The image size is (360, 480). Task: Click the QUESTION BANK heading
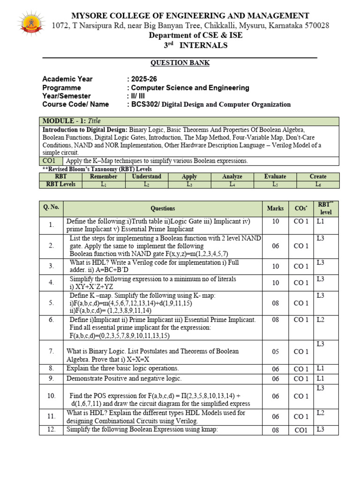click(180, 63)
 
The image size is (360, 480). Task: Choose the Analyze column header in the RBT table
click(232, 177)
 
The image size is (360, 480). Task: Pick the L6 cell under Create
click(318, 184)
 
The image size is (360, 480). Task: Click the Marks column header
click(275, 208)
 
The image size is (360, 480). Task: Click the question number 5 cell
click(51, 303)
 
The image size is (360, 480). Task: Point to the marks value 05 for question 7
click(275, 352)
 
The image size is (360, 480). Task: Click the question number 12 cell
click(51, 429)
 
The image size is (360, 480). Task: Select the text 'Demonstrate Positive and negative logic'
click(124, 378)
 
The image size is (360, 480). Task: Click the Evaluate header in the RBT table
click(275, 177)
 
